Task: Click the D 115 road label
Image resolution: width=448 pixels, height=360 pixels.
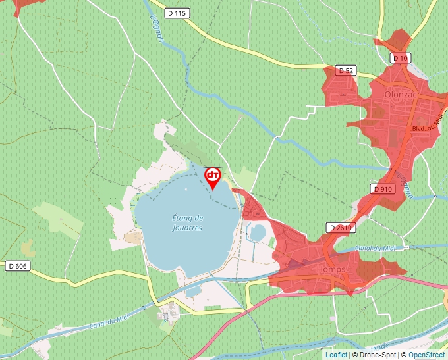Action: tap(177, 13)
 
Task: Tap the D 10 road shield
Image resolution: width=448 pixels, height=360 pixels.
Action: tap(400, 58)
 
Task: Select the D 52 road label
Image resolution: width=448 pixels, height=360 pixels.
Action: tap(345, 70)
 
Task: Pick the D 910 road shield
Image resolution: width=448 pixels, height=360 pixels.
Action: tap(383, 189)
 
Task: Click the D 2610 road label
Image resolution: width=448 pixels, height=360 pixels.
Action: tap(340, 228)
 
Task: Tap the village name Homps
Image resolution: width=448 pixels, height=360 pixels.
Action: tap(331, 269)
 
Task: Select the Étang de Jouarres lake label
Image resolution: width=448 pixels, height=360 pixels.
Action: tap(187, 222)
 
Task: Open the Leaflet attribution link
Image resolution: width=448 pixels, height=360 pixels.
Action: tap(336, 355)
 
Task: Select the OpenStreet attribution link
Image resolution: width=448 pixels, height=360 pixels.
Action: tap(426, 355)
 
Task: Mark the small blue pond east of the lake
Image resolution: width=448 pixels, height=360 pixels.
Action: tap(259, 232)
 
